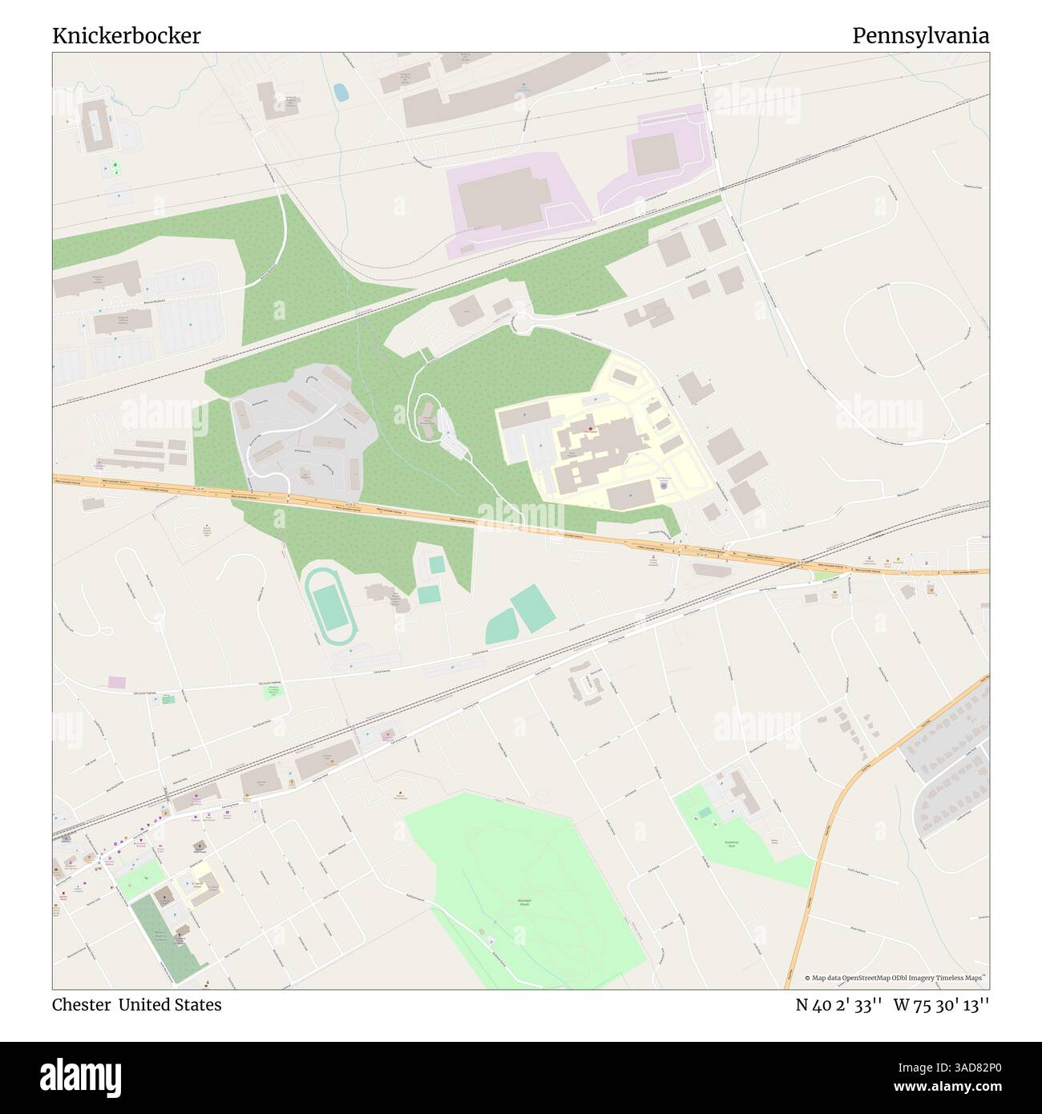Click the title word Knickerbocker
[x=127, y=36]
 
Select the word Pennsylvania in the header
[x=920, y=36]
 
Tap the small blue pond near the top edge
[x=341, y=92]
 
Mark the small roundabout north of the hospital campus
[x=522, y=322]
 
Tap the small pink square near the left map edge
[x=117, y=681]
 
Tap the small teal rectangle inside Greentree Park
[x=705, y=813]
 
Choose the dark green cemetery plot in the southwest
[x=157, y=938]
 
